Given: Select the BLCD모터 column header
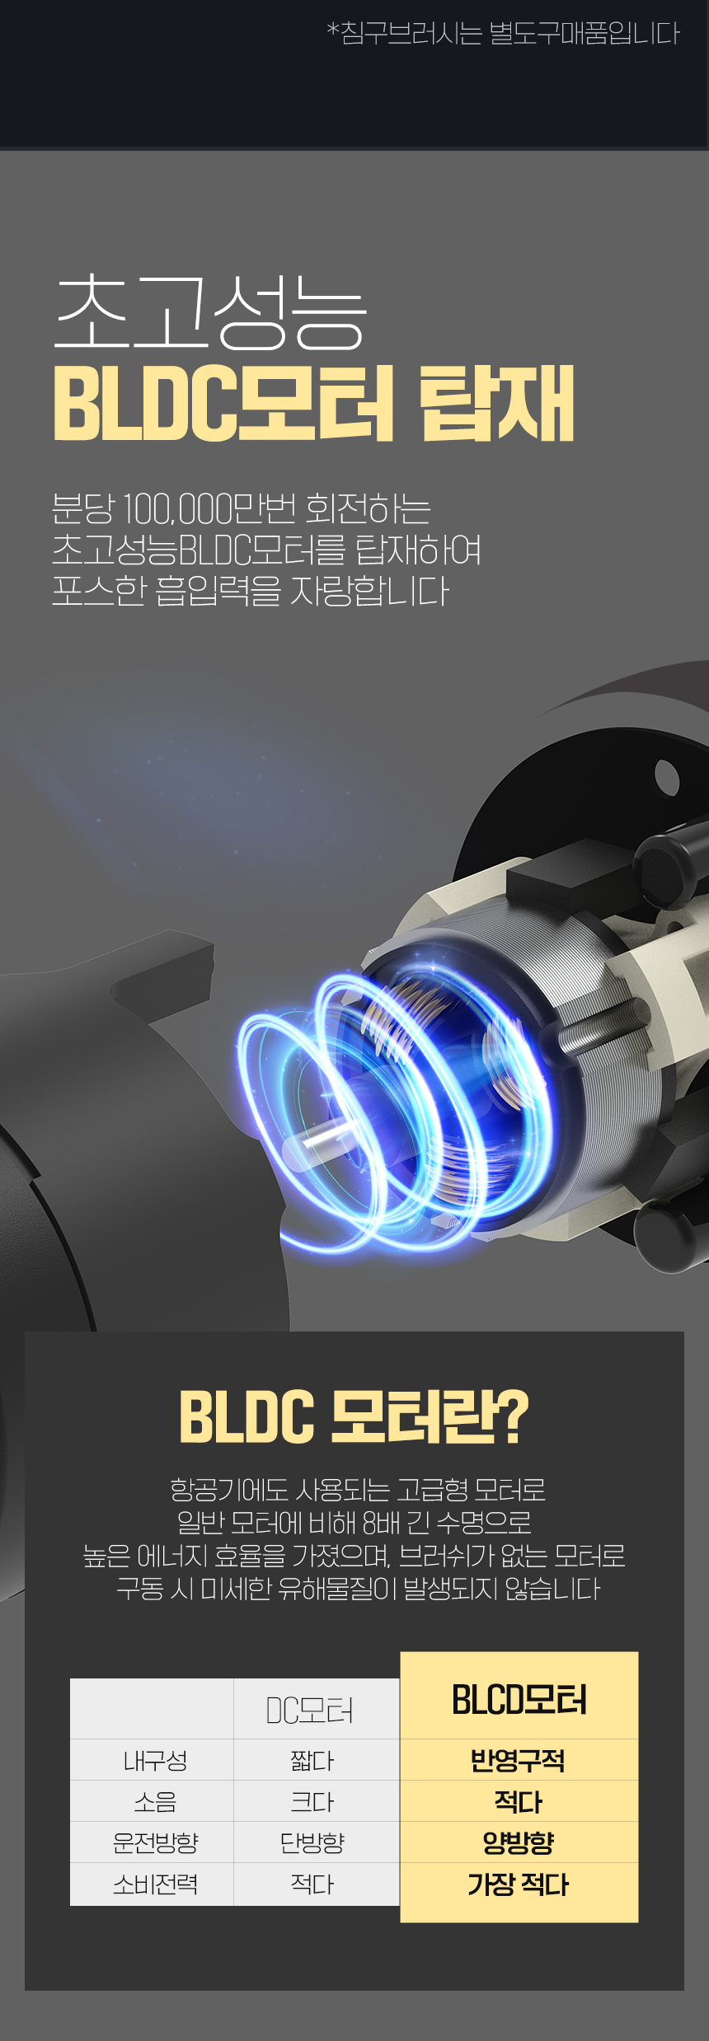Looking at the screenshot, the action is point(519,1700).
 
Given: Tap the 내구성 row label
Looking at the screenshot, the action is point(155,1761).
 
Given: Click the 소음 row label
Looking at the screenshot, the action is point(155,1802).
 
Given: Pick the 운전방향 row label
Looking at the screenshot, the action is point(155,1842).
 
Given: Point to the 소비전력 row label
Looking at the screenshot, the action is point(155,1884).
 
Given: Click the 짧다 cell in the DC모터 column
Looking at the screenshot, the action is point(312,1761).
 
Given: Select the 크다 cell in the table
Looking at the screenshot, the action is point(312,1802).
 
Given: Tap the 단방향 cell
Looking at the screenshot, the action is point(312,1842).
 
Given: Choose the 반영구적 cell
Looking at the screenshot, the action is point(518,1761).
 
